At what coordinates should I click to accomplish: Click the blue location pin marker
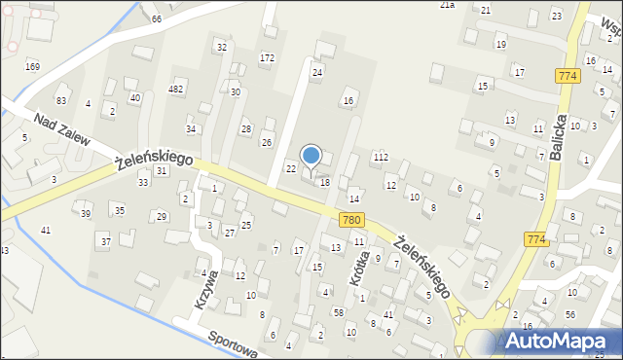pyautogui.click(x=311, y=157)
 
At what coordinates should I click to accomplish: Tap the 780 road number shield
pyautogui.click(x=352, y=222)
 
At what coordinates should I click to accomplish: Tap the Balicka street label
pyautogui.click(x=558, y=123)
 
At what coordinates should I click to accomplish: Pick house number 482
pyautogui.click(x=176, y=90)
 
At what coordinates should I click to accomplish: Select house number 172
pyautogui.click(x=267, y=58)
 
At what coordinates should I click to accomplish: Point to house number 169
pyautogui.click(x=32, y=66)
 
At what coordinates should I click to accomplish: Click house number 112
pyautogui.click(x=381, y=157)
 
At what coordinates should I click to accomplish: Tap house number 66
pyautogui.click(x=156, y=19)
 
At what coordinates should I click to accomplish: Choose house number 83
pyautogui.click(x=61, y=101)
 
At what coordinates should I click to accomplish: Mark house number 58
pyautogui.click(x=338, y=312)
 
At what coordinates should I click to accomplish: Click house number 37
pyautogui.click(x=104, y=239)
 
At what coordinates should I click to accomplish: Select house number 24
pyautogui.click(x=316, y=73)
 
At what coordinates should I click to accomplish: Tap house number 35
pyautogui.click(x=119, y=210)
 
